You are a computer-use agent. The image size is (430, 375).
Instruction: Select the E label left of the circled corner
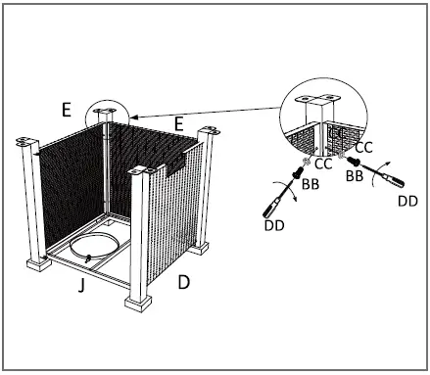pyautogui.click(x=65, y=110)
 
